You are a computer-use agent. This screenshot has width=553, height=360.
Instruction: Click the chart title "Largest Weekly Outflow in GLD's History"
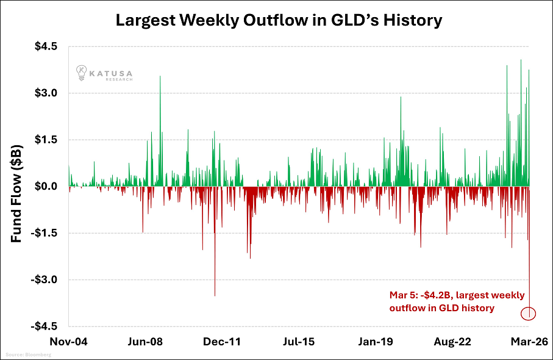pyautogui.click(x=279, y=20)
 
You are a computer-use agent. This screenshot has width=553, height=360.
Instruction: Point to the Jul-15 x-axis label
pyautogui.click(x=299, y=342)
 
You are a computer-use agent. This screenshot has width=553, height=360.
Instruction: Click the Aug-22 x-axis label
pyautogui.click(x=452, y=342)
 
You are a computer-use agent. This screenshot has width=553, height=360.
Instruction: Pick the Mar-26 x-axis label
pyautogui.click(x=528, y=342)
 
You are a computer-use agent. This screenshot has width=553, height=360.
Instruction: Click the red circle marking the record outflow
pyautogui.click(x=529, y=314)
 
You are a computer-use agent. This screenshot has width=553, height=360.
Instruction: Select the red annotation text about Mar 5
pyautogui.click(x=456, y=301)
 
